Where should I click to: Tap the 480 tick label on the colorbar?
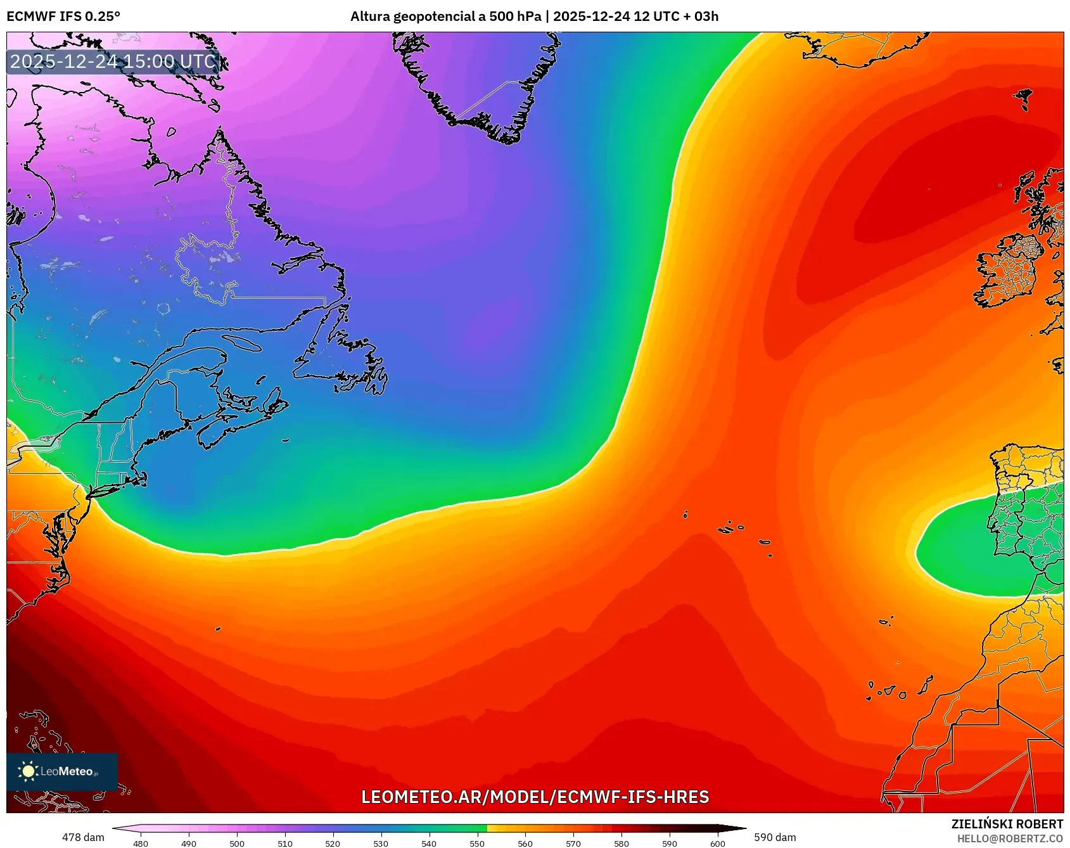141,843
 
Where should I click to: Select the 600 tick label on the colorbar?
717,843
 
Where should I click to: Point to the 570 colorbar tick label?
573,843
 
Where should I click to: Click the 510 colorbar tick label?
285,843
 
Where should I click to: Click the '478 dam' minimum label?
83,837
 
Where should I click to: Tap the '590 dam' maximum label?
775,837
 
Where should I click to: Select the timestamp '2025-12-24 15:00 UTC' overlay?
113,61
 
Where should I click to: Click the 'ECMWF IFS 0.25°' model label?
63,16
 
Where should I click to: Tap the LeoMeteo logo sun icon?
27,771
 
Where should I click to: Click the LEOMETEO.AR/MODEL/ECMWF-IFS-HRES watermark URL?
535,797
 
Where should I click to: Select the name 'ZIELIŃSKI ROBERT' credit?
1007,824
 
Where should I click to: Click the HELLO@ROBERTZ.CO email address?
1010,838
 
